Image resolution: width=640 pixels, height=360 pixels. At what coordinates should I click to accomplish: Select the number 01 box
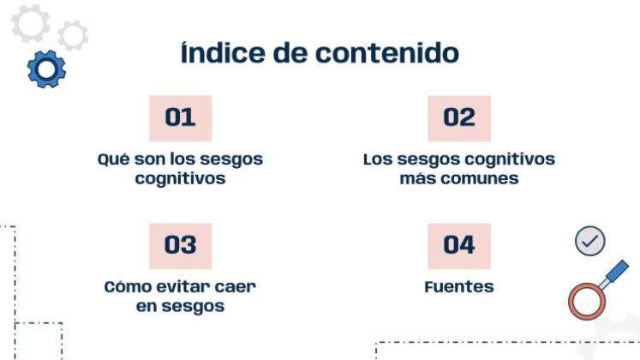point(180,118)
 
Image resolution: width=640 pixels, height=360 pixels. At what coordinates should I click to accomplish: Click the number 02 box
point(458,118)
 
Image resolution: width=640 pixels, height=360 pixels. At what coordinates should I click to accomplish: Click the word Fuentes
point(459,287)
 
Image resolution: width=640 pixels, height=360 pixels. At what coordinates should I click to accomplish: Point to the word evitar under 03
point(185,287)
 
